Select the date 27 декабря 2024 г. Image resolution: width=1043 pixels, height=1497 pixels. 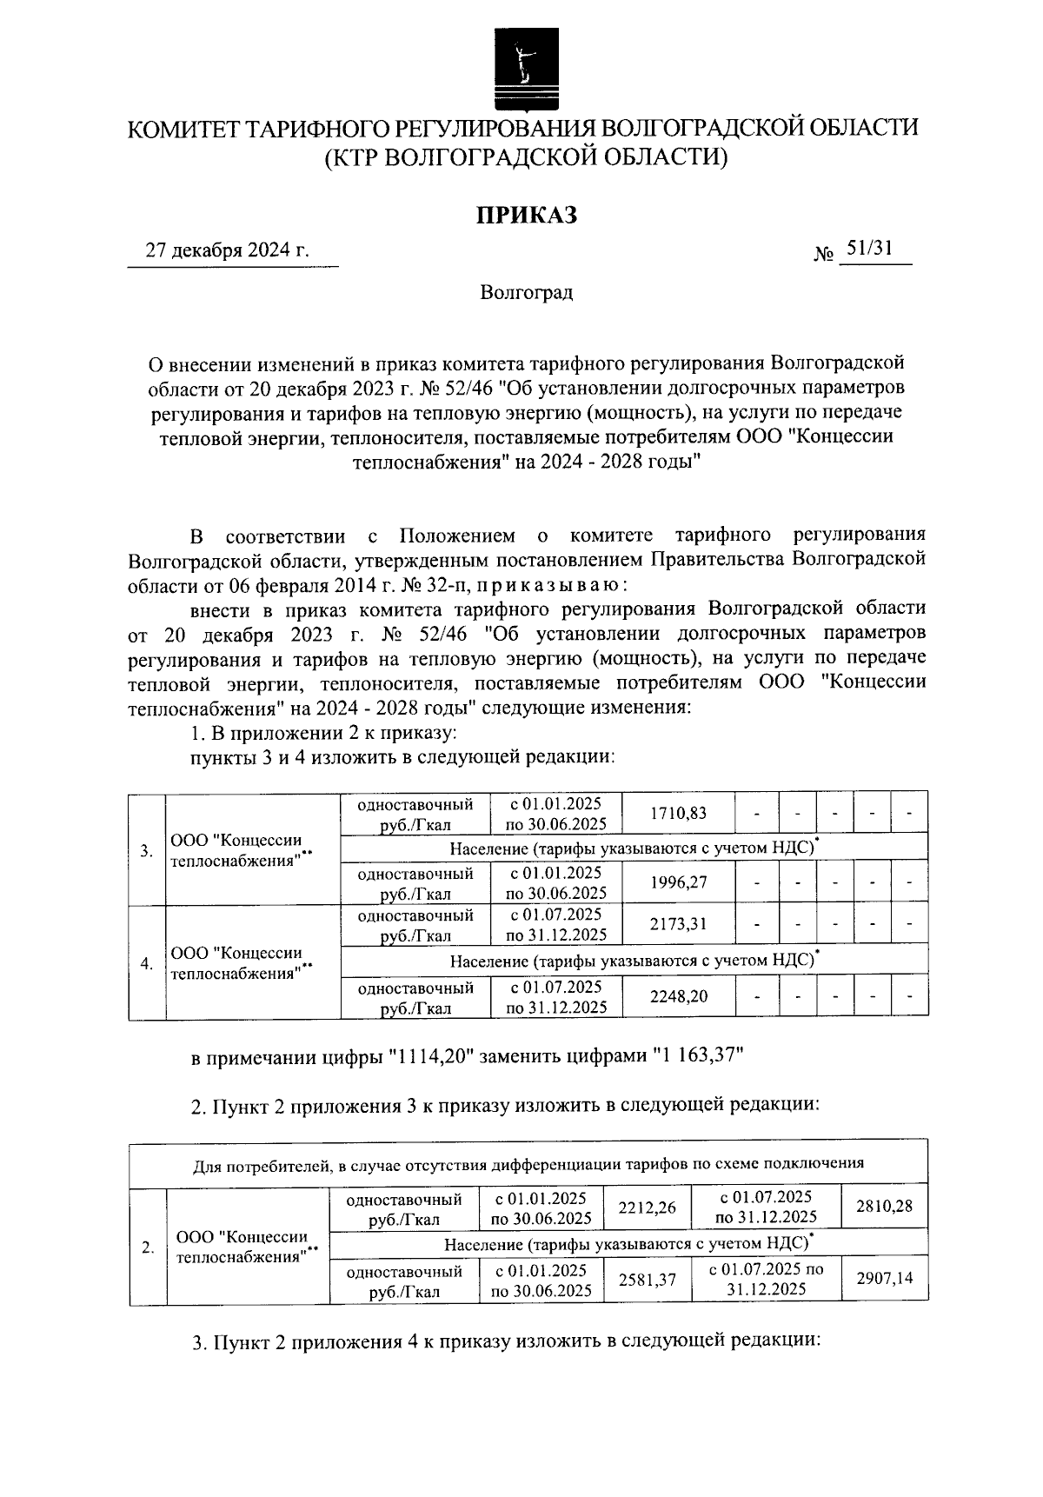click(228, 251)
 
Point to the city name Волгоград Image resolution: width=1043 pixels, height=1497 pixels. click(526, 292)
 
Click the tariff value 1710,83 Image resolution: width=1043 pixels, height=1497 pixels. click(679, 814)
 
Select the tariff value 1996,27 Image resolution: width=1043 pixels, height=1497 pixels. click(679, 882)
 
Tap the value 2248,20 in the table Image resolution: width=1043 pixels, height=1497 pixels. click(679, 996)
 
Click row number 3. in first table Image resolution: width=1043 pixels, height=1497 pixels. click(147, 850)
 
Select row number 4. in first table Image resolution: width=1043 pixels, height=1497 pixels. click(147, 963)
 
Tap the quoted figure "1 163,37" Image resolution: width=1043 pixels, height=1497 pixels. click(698, 1056)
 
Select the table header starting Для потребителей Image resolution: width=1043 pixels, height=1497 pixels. click(528, 1164)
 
